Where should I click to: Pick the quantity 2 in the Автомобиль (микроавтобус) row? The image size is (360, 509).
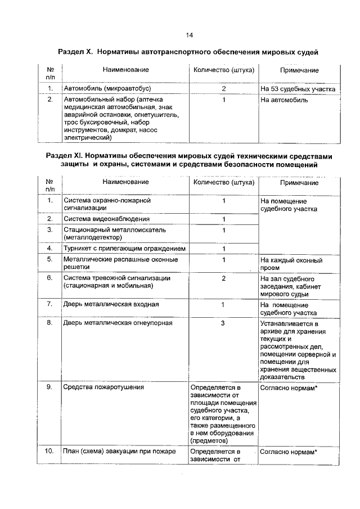tap(224, 89)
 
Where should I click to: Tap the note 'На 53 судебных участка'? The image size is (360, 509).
tap(298, 89)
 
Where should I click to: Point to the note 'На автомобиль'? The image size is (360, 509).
tap(284, 100)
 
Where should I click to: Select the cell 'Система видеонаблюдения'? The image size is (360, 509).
tap(106, 219)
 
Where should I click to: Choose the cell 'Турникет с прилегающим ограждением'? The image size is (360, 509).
tap(124, 249)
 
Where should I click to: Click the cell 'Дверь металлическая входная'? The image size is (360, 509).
tap(111, 304)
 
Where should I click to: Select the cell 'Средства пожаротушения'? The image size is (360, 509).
tap(103, 387)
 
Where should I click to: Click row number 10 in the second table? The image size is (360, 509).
tap(50, 452)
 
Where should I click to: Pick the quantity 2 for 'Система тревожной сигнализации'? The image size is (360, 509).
tap(224, 278)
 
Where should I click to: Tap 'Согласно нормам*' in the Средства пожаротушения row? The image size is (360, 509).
tap(290, 387)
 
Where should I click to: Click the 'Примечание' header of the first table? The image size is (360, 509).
tap(299, 70)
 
